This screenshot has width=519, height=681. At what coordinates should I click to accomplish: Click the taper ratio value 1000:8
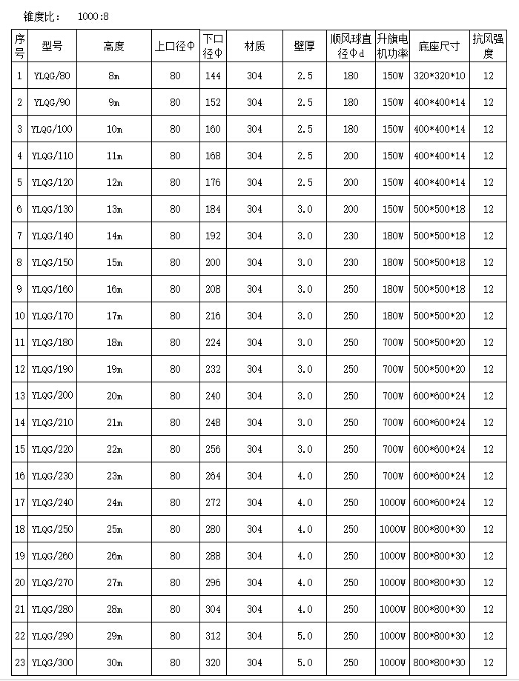[93, 16]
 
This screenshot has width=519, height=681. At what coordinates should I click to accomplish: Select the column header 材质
[254, 46]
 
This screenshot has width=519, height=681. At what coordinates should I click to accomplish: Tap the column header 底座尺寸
[439, 46]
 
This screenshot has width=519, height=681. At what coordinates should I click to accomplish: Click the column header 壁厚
[304, 46]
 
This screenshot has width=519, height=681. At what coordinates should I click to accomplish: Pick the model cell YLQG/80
[53, 76]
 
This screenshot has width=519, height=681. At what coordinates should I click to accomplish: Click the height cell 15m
[114, 262]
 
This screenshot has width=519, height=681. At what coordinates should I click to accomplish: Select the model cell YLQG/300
[53, 662]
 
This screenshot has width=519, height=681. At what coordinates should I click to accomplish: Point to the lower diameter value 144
[213, 76]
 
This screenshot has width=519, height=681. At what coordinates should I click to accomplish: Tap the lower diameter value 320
[213, 662]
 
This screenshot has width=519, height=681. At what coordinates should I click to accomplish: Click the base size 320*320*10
[439, 76]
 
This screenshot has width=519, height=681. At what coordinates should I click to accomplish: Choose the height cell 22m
[114, 449]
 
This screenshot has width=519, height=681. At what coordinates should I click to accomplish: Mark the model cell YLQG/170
[53, 316]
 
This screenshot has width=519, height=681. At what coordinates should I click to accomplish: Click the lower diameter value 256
[213, 449]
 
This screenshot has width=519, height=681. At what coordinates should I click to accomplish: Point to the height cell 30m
[114, 662]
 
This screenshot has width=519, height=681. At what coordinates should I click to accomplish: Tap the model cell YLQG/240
[53, 502]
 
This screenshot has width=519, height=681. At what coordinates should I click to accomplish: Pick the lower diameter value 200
[213, 262]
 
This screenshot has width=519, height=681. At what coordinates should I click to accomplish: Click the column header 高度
[114, 46]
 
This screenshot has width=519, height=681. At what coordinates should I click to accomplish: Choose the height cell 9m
[114, 102]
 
